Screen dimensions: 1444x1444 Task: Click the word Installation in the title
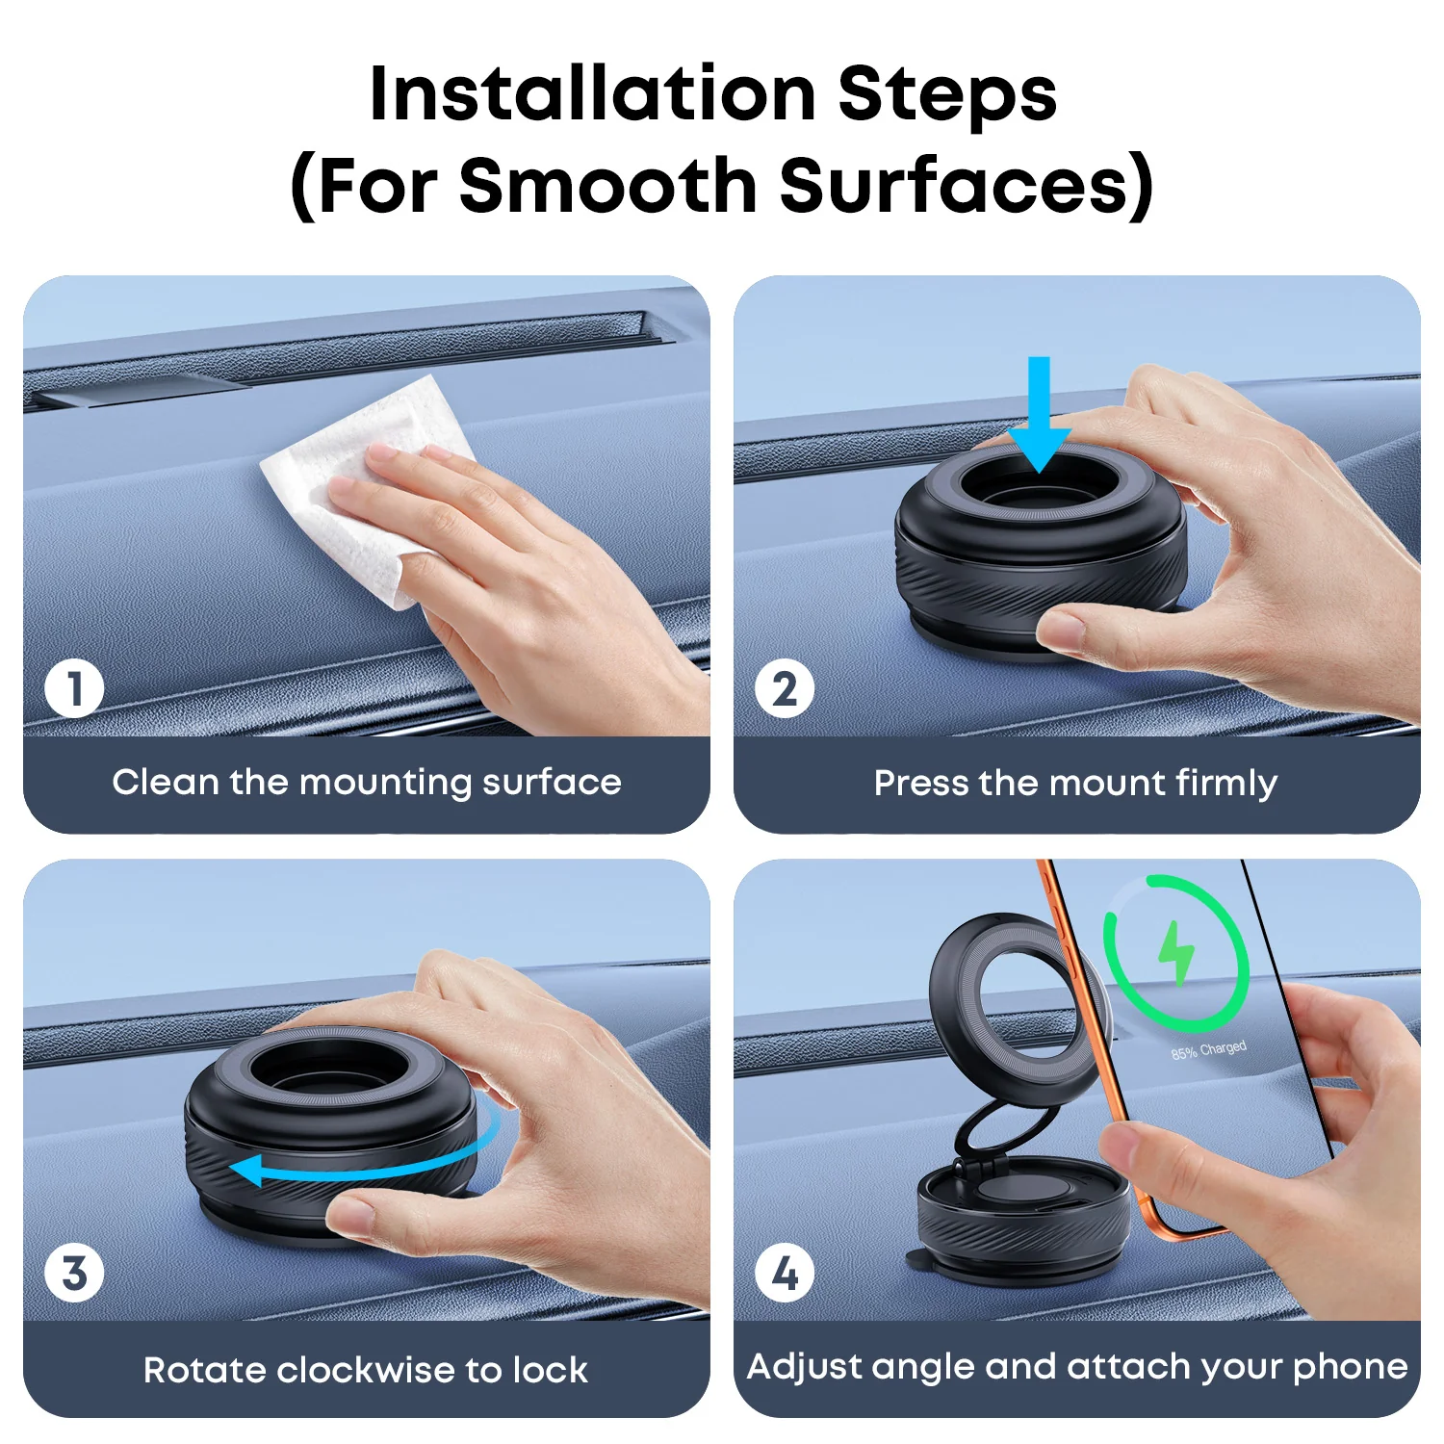pyautogui.click(x=592, y=93)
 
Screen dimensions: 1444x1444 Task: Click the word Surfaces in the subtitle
pyautogui.click(x=965, y=185)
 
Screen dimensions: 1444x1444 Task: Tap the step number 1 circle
pyautogui.click(x=74, y=689)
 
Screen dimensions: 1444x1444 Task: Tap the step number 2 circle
pyautogui.click(x=785, y=689)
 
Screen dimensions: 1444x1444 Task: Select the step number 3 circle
pyautogui.click(x=74, y=1273)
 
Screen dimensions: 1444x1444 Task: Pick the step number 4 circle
pyautogui.click(x=785, y=1273)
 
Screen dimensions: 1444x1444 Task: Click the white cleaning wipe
pyautogui.click(x=366, y=481)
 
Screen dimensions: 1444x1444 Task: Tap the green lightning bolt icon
pyautogui.click(x=1175, y=953)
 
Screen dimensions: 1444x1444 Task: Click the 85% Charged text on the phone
pyautogui.click(x=1208, y=1049)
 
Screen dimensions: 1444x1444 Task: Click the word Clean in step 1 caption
pyautogui.click(x=166, y=782)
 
